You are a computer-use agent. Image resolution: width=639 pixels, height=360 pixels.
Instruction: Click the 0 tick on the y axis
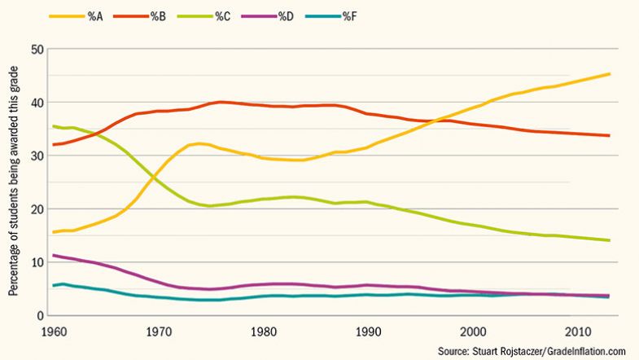tap(38, 316)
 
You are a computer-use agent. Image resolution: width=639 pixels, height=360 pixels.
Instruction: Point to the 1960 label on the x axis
tap(53, 332)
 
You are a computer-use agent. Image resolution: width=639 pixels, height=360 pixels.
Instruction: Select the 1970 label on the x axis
tap(158, 332)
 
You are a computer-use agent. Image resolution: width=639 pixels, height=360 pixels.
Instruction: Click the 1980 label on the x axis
tap(263, 332)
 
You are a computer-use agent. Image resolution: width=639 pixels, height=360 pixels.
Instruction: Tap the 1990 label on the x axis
tap(369, 332)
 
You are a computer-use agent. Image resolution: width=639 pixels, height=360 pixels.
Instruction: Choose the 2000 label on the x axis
tap(474, 332)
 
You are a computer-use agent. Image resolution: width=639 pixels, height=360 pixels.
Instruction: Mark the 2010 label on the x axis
tap(579, 332)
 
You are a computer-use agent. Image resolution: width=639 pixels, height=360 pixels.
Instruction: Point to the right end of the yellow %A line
tap(610, 74)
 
